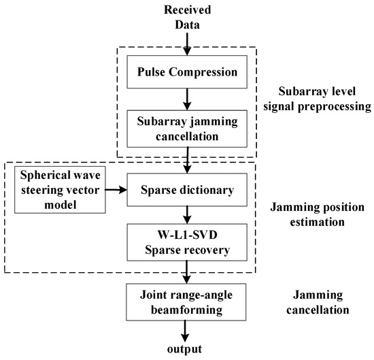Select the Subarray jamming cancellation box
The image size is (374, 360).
(186, 128)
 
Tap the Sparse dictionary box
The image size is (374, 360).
(186, 193)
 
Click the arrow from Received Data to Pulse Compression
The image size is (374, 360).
(186, 42)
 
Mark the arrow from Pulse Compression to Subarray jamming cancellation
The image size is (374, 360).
(186, 99)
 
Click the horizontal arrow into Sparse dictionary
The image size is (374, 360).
(122, 193)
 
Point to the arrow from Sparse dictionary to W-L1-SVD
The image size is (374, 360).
(186, 216)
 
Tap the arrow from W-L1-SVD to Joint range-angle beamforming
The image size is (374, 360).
(186, 272)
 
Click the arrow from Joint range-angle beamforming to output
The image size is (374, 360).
(186, 331)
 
